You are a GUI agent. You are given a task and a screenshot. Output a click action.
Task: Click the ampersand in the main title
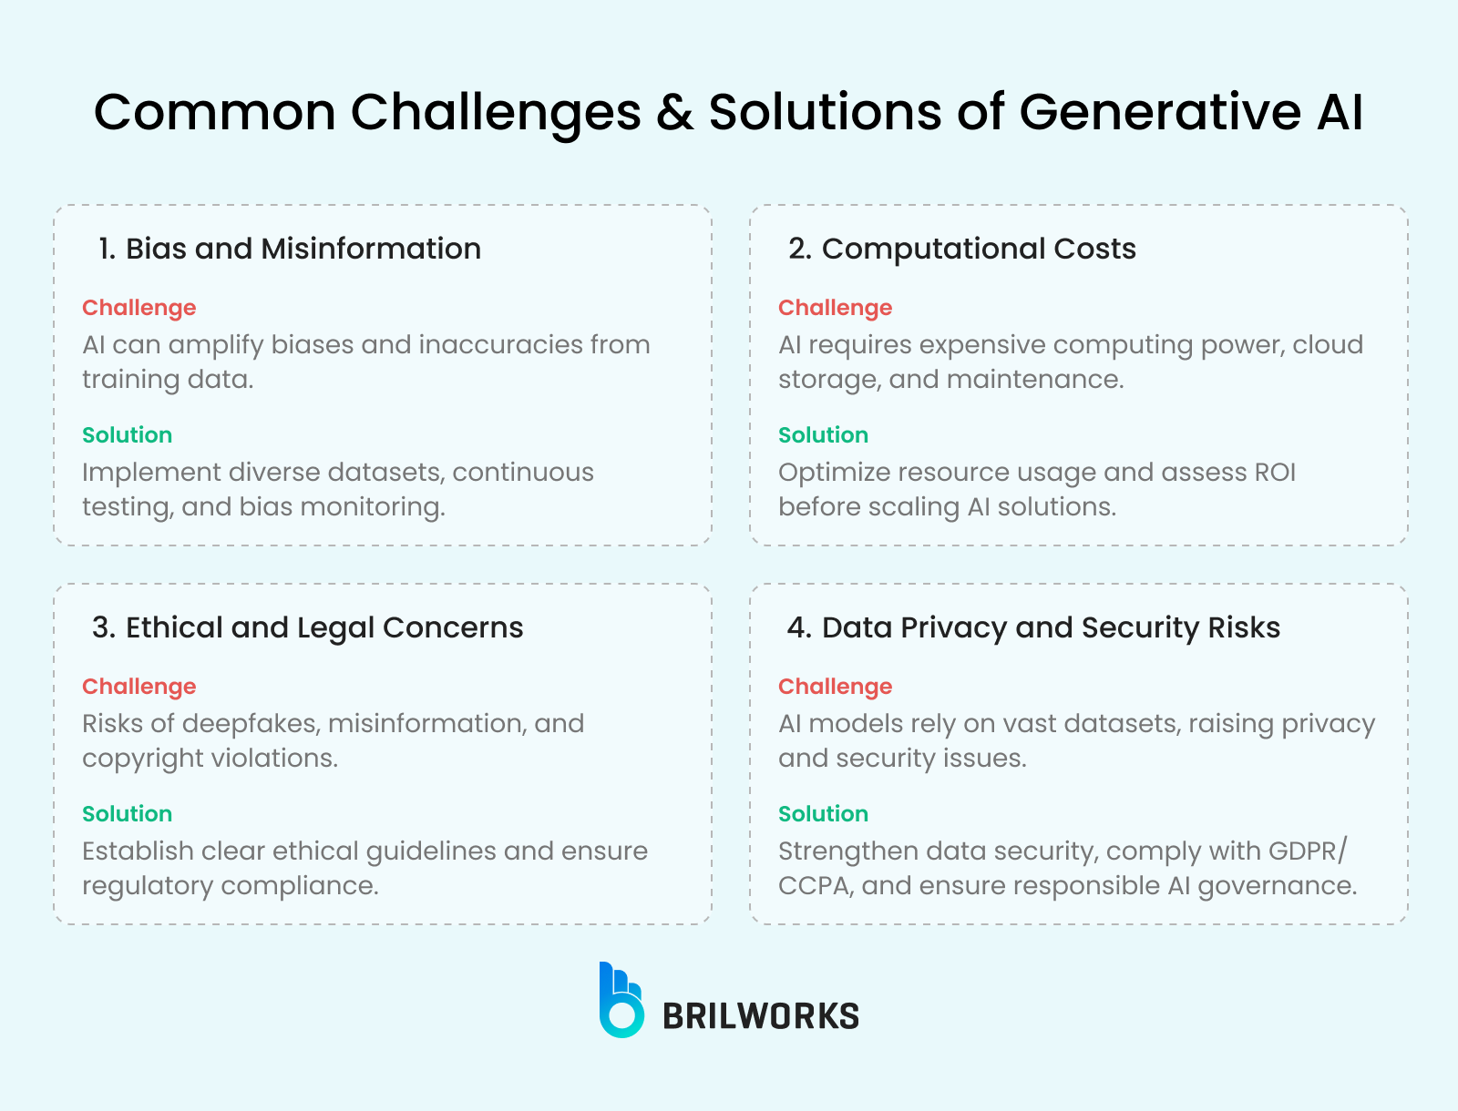675,111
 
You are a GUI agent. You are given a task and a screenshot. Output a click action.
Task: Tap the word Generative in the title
1160,111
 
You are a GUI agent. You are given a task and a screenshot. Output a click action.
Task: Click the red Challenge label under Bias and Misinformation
139,308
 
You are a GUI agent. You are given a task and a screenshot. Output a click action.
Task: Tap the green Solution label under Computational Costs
823,434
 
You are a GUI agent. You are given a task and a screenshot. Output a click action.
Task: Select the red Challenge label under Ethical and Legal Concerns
139,687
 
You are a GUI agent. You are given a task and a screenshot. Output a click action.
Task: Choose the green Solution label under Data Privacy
823,814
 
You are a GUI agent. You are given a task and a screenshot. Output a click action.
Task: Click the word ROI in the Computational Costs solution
1275,473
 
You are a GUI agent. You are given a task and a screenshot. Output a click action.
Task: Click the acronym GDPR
1304,851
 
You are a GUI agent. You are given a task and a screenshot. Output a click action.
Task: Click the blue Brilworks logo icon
621,1000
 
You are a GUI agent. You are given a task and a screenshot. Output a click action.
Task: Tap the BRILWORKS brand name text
761,1016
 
